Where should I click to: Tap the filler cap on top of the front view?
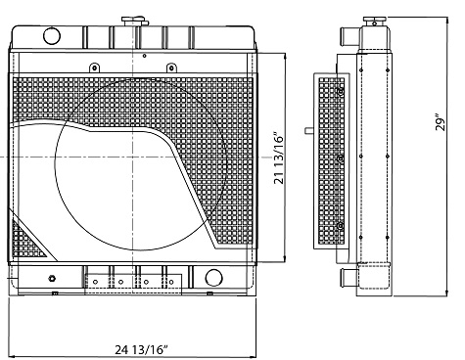pyautogui.click(x=129, y=21)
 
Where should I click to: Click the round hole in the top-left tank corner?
pyautogui.click(x=50, y=36)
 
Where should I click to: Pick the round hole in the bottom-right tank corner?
pyautogui.click(x=213, y=278)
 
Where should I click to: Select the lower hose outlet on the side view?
pyautogui.click(x=345, y=279)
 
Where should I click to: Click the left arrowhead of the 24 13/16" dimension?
pyautogui.click(x=12, y=332)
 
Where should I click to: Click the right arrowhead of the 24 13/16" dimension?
pyautogui.click(x=256, y=332)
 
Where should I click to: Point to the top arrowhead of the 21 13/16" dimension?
pyautogui.click(x=285, y=56)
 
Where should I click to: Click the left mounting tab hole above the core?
pyautogui.click(x=91, y=67)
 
